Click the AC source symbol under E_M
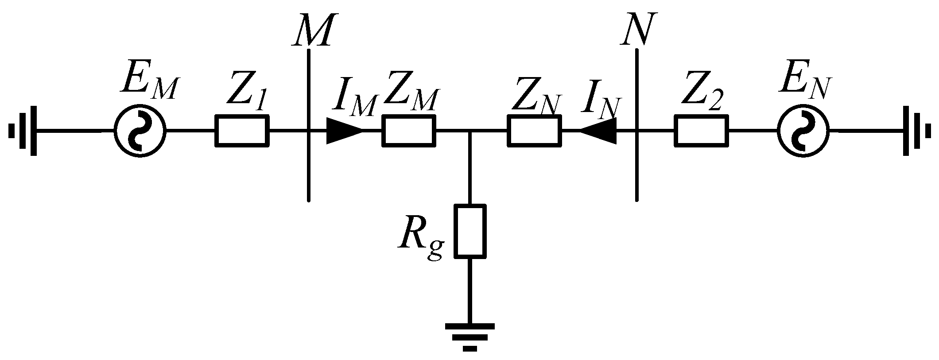pyautogui.click(x=140, y=131)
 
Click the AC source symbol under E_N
pyautogui.click(x=803, y=131)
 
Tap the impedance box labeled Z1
pyautogui.click(x=242, y=131)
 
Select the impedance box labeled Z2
pyautogui.click(x=701, y=131)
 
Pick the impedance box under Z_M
pyautogui.click(x=409, y=131)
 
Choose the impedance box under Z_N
pyautogui.click(x=534, y=131)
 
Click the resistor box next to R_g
pyautogui.click(x=470, y=231)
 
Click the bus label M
pyautogui.click(x=312, y=32)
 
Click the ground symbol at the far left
pyautogui.click(x=24, y=131)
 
